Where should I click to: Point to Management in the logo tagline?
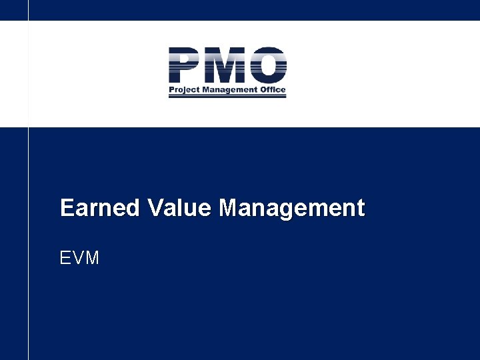(x=230, y=90)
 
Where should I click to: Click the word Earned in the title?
(x=100, y=208)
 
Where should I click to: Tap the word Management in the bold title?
(x=292, y=208)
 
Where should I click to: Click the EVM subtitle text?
(x=79, y=258)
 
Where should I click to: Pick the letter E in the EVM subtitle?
(x=65, y=258)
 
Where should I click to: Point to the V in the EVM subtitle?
(x=78, y=258)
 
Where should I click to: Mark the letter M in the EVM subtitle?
(x=92, y=258)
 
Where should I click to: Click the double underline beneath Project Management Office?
(x=227, y=97)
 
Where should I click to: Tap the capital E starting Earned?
(x=67, y=208)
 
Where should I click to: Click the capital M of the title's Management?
(x=229, y=208)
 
